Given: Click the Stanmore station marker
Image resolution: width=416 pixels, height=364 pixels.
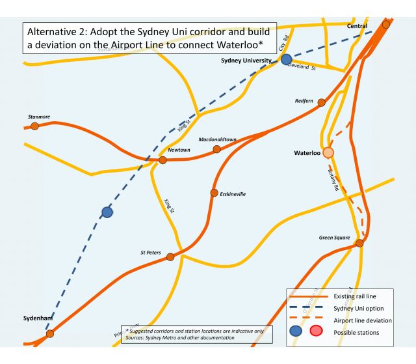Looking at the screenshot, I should coord(35,125).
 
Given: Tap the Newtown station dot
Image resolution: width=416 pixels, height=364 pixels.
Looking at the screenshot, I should coord(163,160).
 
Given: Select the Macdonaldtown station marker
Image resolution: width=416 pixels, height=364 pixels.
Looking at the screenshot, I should coord(217,149).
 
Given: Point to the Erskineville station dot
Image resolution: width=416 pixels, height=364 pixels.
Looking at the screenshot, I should coord(214,193).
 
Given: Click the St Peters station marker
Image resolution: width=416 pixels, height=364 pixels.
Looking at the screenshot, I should coord(170,257).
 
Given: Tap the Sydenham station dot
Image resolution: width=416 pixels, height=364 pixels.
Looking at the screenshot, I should coord(50,333).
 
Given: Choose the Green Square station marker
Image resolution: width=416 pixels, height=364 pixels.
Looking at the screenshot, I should coord(359,243).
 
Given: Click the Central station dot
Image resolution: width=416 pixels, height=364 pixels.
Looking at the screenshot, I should coord(386,24).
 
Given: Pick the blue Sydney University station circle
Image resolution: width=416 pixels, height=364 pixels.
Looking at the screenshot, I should coord(286,59).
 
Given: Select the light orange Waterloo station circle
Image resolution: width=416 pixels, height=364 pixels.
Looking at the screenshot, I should coord(329,152).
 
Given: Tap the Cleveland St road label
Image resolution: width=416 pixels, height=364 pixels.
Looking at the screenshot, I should coord(302,66).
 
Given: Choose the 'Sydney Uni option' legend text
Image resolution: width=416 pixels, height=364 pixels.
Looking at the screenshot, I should coord(348,309).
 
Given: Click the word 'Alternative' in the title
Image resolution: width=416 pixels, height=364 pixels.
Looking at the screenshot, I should coord(56,31).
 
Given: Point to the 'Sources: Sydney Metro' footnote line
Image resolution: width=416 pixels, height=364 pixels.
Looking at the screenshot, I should coord(185,339).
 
